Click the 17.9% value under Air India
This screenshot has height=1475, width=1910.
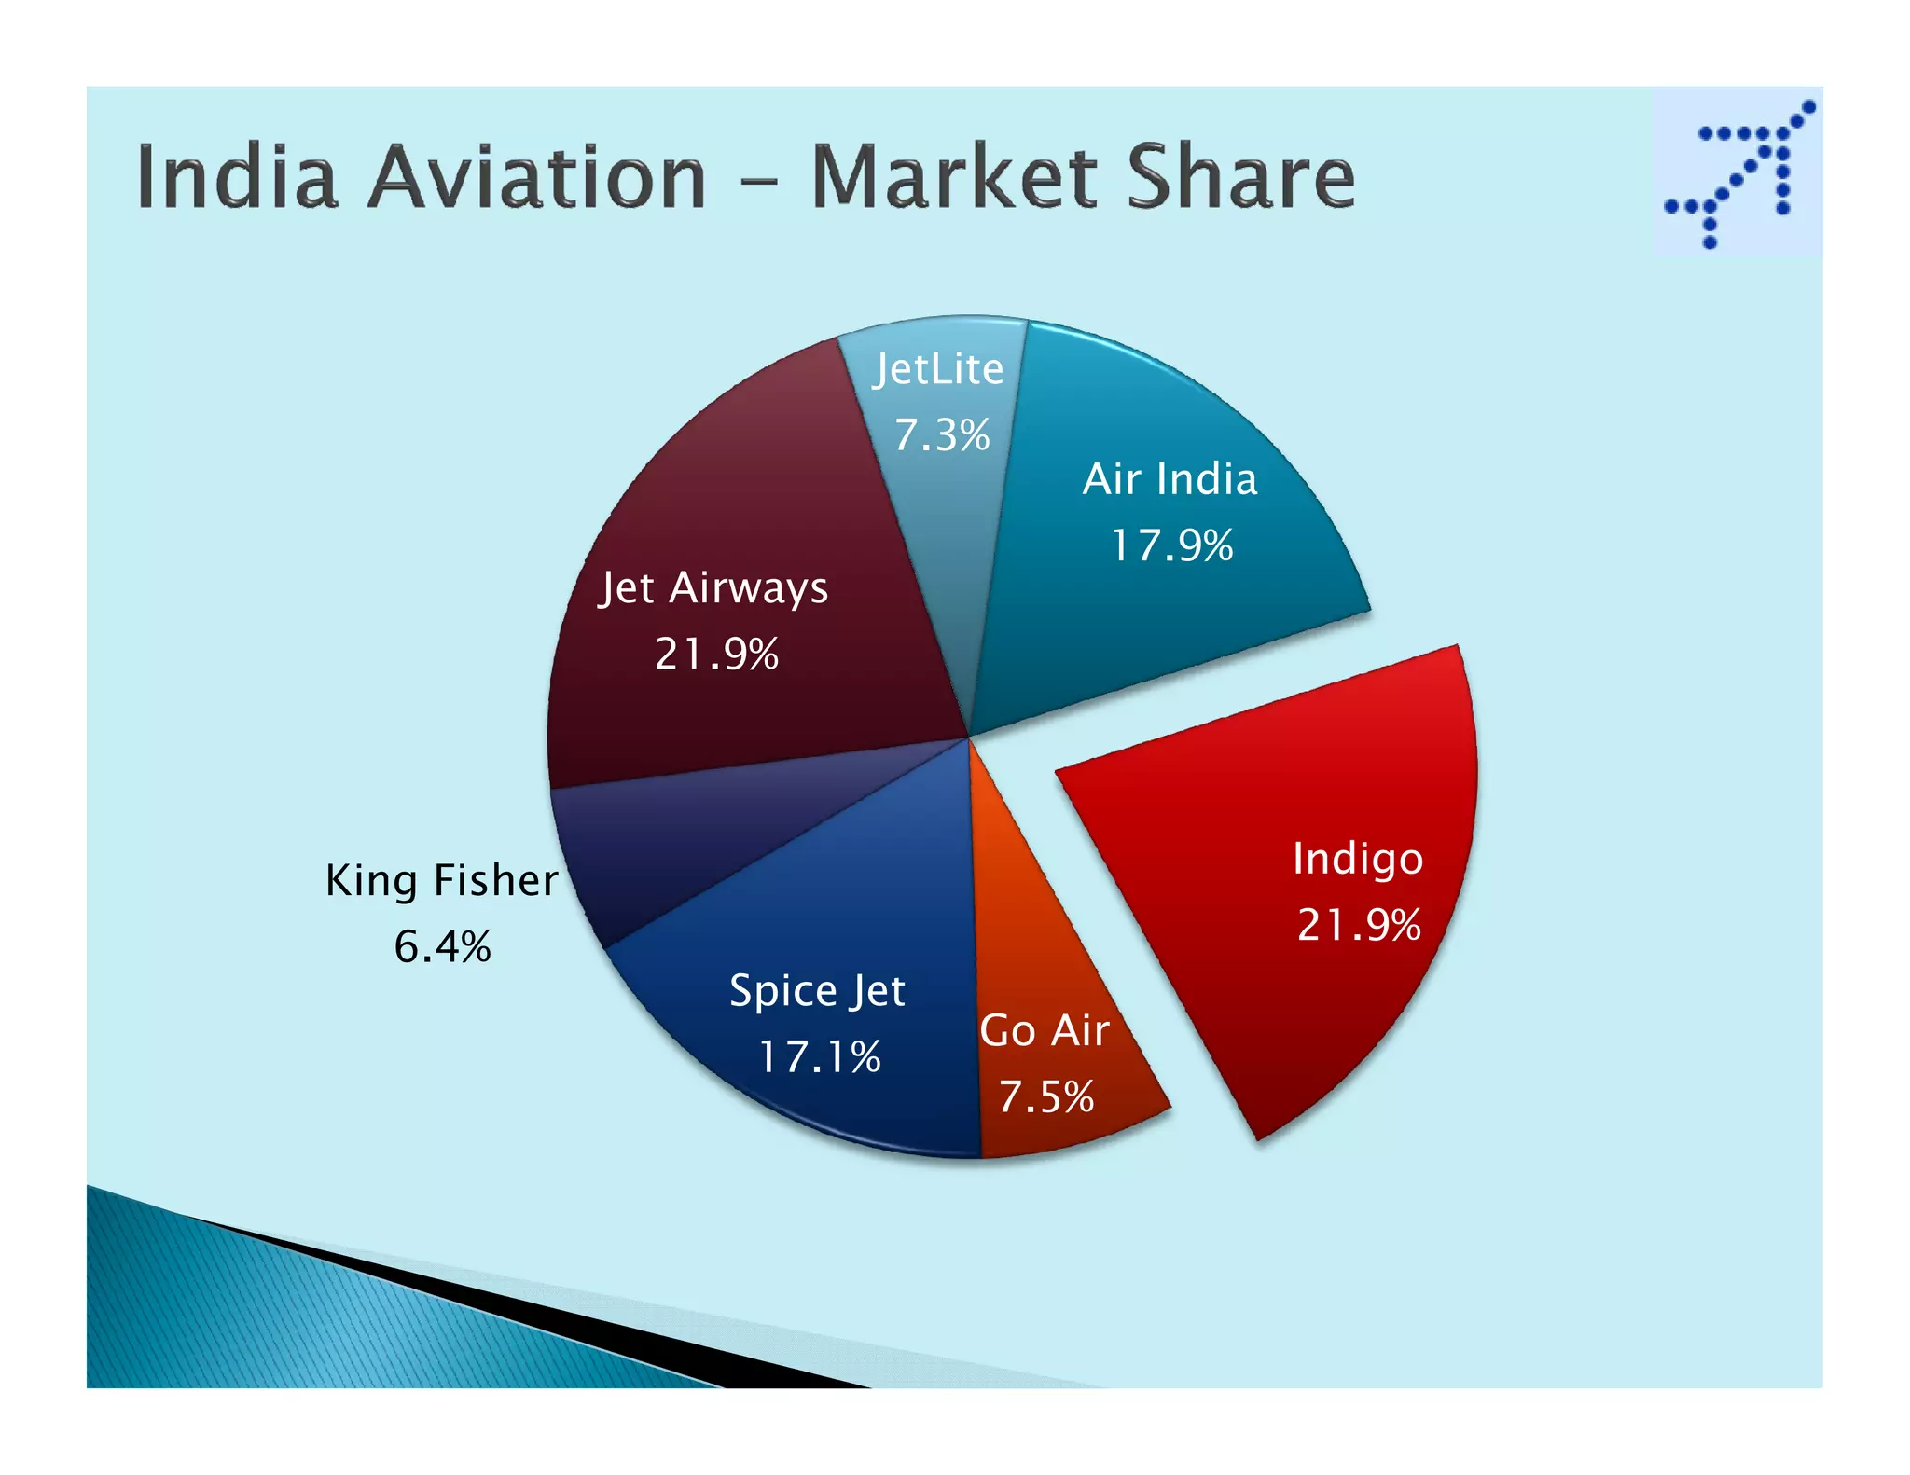coord(1171,545)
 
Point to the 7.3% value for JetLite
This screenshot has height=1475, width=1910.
coord(942,435)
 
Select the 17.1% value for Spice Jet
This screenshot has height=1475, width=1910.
coord(819,1057)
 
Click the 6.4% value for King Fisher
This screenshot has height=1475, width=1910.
coord(442,947)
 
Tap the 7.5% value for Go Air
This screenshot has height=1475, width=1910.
coord(1045,1097)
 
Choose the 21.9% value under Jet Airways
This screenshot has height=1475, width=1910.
coord(716,654)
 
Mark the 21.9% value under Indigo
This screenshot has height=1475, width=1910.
coord(1359,925)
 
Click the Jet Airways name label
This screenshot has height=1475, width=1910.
coord(713,588)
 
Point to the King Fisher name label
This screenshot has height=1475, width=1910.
coord(441,881)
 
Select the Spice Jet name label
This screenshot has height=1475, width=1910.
coord(817,991)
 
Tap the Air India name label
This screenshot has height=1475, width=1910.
coord(1170,479)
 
